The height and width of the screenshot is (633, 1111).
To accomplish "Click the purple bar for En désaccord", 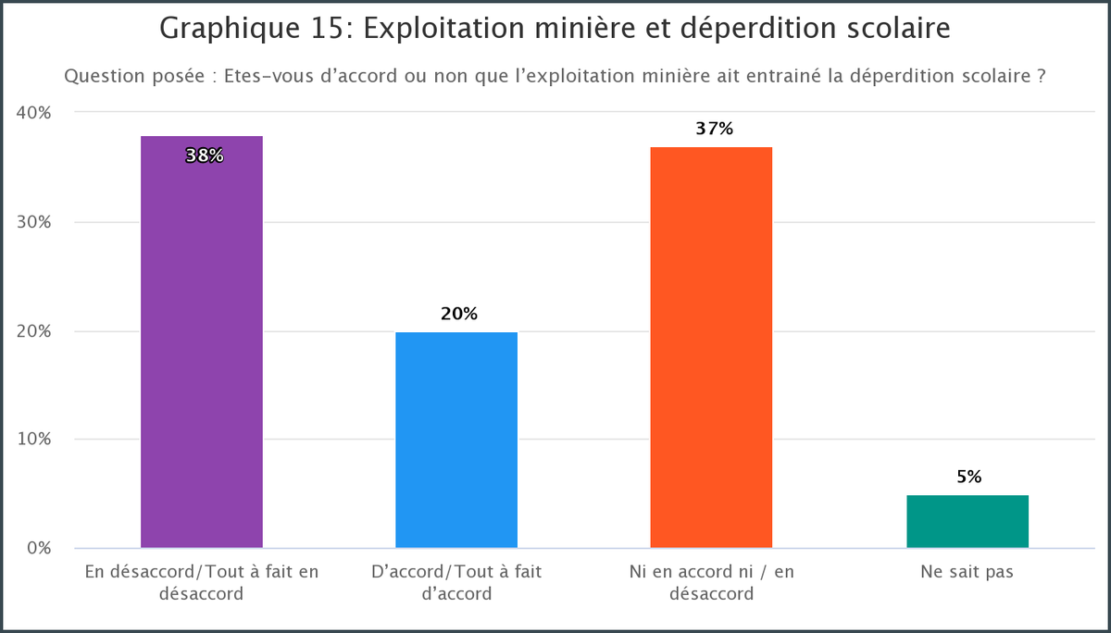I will tap(202, 352).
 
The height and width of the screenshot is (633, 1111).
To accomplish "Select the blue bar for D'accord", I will tap(456, 440).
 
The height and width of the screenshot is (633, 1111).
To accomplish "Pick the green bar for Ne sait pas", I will tap(967, 521).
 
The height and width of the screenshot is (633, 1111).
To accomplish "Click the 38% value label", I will tap(204, 155).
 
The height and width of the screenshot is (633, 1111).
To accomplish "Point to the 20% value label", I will tap(459, 314).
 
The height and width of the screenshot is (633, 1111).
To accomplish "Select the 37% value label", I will tap(714, 129).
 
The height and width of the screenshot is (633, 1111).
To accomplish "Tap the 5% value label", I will tap(968, 478).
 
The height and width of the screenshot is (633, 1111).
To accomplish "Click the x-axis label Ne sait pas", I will tap(967, 572).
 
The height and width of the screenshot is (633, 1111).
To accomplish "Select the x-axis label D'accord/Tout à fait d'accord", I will tap(456, 582).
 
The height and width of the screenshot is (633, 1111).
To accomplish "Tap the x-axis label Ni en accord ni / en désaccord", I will tap(711, 582).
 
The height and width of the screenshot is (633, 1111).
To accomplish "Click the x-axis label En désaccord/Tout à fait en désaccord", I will tap(202, 582).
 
